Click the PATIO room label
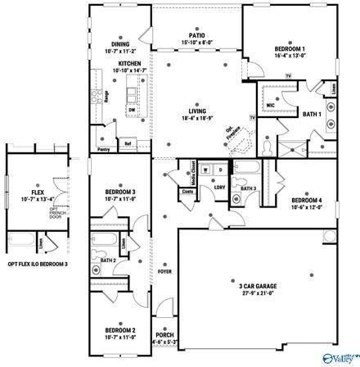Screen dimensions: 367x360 [196, 34]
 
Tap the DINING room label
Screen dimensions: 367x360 [122, 44]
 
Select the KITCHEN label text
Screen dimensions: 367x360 [130, 63]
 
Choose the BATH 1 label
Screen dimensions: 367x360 [312, 114]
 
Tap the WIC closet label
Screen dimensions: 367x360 [268, 105]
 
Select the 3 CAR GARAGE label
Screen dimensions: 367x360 [258, 287]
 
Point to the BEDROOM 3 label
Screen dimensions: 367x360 [119, 192]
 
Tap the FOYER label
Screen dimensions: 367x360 [164, 270]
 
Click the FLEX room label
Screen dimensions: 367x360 [38, 192]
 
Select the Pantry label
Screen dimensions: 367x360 [104, 150]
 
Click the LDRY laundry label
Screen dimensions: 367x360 [220, 188]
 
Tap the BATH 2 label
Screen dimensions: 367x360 [108, 261]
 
